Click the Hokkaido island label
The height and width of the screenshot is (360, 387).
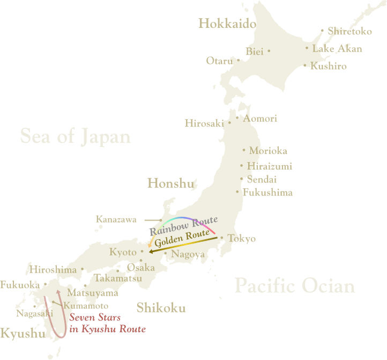click(224, 24)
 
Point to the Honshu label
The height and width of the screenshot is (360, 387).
click(170, 184)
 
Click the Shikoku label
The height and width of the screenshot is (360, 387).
click(161, 308)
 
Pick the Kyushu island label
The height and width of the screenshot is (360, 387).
click(23, 334)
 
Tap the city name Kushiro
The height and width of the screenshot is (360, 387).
click(329, 67)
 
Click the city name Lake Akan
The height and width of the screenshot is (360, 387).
click(337, 49)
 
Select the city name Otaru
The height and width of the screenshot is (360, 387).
click(219, 61)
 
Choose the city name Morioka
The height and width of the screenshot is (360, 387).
click(268, 151)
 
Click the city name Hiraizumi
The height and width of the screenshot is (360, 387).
click(270, 166)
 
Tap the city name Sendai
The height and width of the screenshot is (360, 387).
click(262, 179)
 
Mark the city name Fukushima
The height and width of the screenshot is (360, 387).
click(267, 192)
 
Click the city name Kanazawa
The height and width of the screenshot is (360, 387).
click(116, 219)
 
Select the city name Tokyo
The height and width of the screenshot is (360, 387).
click(242, 239)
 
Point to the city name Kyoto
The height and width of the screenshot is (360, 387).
click(123, 252)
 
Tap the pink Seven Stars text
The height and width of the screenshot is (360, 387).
click(95, 318)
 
